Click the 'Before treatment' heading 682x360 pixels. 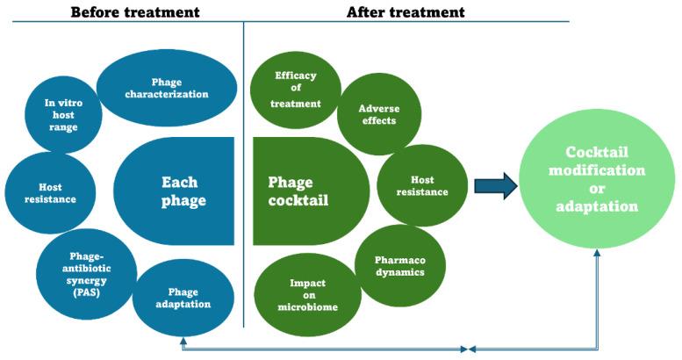[x=133, y=11]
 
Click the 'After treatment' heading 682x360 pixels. [x=405, y=11]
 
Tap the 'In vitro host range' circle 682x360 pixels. [x=61, y=114]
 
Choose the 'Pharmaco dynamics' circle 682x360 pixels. [x=400, y=265]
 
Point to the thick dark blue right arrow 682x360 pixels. [x=494, y=187]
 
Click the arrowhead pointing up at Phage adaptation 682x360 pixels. [x=182, y=340]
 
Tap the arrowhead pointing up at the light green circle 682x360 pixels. [x=597, y=252]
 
